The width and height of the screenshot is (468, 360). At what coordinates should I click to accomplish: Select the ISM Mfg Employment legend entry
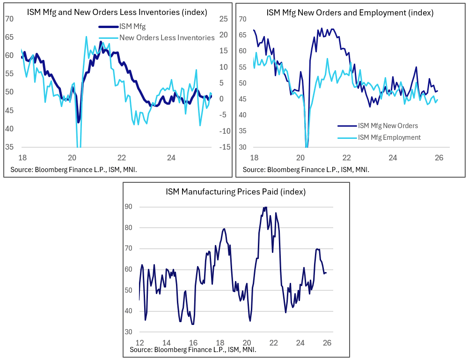(389, 137)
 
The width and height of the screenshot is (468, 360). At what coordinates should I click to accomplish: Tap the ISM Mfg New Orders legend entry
(388, 125)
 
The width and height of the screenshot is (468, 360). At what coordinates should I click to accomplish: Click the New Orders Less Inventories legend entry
(167, 37)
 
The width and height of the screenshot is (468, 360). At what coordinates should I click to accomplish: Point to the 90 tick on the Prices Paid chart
(128, 207)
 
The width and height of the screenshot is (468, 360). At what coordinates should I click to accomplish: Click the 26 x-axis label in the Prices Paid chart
(327, 342)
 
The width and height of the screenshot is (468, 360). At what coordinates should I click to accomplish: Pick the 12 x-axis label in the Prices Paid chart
(139, 342)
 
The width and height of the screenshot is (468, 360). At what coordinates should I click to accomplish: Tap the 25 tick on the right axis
(223, 19)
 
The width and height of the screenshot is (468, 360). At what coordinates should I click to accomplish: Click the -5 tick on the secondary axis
(224, 115)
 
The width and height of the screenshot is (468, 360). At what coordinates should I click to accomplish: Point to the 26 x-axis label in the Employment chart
(439, 158)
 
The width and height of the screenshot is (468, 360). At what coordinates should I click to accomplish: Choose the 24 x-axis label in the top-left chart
(171, 158)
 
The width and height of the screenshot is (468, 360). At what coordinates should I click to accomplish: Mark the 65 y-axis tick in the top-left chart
(9, 37)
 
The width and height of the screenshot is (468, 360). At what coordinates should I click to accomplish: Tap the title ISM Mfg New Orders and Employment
(350, 13)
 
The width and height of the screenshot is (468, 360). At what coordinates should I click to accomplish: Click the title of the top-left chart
(117, 13)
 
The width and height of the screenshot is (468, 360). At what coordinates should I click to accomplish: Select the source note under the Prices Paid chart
(193, 349)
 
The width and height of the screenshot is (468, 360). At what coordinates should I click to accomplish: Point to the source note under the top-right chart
(306, 169)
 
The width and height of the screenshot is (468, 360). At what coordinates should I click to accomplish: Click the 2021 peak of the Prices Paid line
(265, 207)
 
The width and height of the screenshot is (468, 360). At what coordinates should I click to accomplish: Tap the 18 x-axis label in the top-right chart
(254, 158)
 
